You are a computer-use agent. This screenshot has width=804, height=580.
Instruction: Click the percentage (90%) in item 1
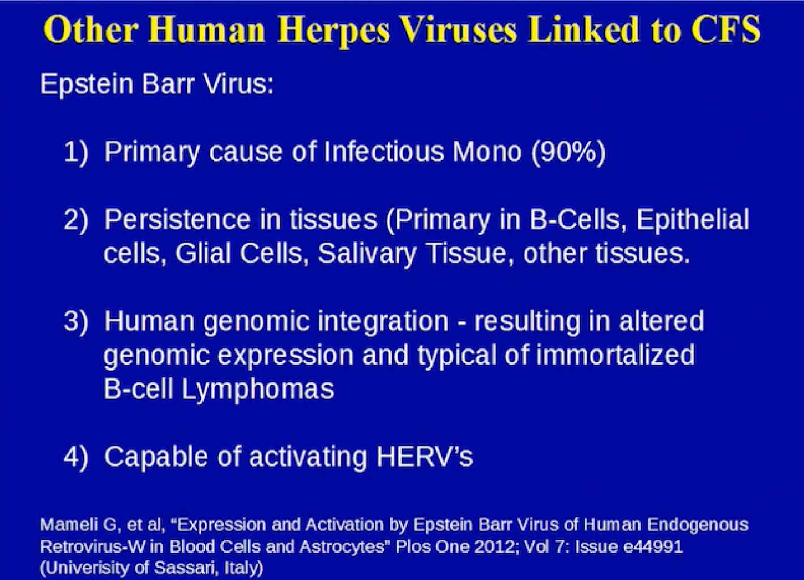(568, 152)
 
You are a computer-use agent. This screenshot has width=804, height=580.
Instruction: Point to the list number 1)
(76, 152)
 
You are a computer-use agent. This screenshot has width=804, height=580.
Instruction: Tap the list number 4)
(76, 457)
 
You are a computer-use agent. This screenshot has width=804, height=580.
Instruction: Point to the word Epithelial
(692, 220)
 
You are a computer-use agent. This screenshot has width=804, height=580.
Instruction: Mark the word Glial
(203, 253)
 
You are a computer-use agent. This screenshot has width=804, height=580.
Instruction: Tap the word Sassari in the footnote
(185, 568)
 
